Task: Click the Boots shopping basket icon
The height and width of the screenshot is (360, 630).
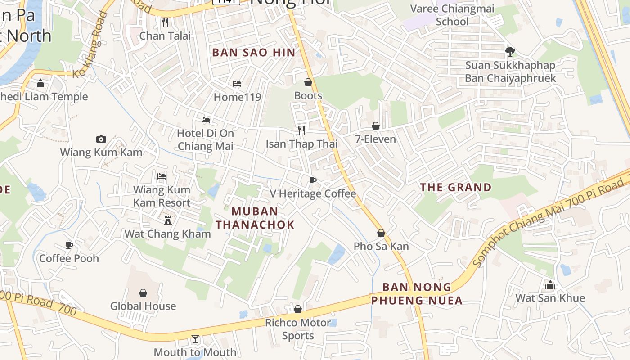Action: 308,82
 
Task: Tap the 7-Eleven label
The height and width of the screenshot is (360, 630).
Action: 375,139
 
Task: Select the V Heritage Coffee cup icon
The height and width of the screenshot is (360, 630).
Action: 312,180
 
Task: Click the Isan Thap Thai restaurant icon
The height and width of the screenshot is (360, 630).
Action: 301,130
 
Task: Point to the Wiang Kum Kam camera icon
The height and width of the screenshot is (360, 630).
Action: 101,139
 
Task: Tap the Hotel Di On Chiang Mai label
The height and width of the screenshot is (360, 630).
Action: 206,139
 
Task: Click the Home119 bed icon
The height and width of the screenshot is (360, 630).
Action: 237,84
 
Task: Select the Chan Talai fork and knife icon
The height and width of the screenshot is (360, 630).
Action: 165,22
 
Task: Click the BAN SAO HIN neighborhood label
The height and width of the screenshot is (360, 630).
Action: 254,53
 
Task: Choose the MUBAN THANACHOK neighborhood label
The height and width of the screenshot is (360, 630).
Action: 255,218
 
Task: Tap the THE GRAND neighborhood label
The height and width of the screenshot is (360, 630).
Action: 456,187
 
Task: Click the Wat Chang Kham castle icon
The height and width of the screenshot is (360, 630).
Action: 168,220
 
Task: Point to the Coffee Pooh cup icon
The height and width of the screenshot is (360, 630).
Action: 69,245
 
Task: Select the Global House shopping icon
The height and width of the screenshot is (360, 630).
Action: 143,293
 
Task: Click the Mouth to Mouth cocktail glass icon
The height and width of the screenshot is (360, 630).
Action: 195,339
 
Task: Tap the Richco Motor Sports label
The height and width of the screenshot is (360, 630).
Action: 298,329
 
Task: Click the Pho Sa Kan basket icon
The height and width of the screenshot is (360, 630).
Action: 381,233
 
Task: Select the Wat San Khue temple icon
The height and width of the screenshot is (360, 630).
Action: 550,285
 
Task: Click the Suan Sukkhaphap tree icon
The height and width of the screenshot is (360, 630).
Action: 510,52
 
